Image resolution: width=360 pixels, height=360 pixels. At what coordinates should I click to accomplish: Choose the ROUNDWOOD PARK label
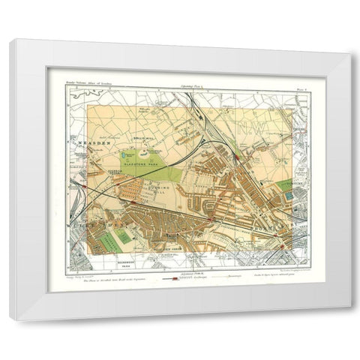pyautogui.click(x=113, y=265)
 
